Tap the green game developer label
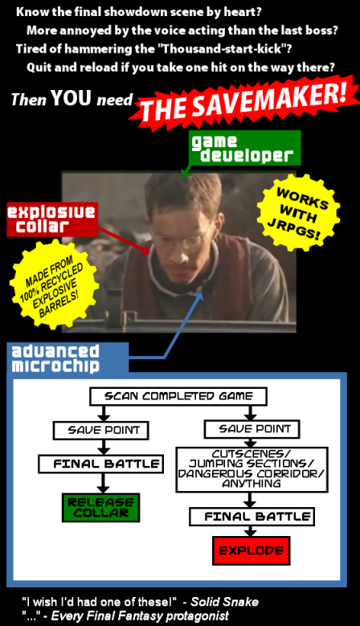245,148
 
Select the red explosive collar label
52,219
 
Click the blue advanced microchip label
67,358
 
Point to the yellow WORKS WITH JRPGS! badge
299,213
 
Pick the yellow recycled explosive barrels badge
55,284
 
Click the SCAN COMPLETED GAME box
178,396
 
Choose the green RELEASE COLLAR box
101,507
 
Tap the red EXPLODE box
252,550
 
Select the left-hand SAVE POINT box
101,431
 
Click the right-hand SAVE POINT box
252,429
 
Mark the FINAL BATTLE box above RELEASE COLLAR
101,464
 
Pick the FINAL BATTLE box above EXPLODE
252,517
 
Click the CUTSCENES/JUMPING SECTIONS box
252,469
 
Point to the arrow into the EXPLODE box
250,531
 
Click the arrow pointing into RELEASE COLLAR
103,484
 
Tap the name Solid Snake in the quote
225,602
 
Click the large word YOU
71,98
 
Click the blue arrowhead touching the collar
199,297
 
